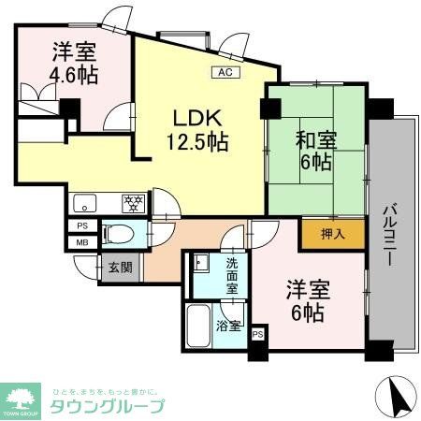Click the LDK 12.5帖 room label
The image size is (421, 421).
click(x=197, y=130)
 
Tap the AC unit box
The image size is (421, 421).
click(x=225, y=71)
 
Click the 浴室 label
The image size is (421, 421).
click(x=228, y=327)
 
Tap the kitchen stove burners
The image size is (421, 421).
click(x=132, y=200)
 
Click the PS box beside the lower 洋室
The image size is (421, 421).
click(x=257, y=333)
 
